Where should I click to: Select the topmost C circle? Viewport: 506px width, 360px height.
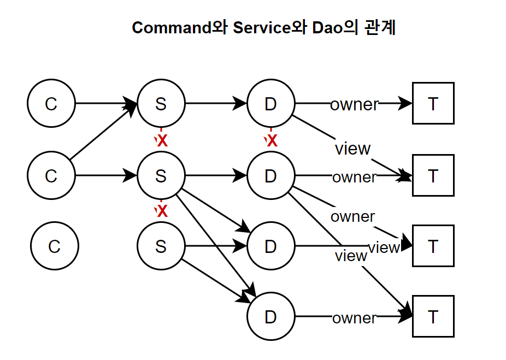click(51, 103)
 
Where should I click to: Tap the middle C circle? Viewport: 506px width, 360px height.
click(51, 175)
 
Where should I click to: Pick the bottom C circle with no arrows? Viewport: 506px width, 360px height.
click(54, 246)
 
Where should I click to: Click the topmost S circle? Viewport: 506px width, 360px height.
click(161, 103)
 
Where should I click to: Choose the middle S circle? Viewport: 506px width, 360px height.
click(161, 175)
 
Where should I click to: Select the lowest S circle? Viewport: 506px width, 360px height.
click(161, 246)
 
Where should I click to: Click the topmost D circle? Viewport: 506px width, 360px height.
click(270, 103)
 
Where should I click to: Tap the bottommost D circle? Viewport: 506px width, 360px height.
click(270, 317)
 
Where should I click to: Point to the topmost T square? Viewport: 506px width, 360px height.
click(433, 103)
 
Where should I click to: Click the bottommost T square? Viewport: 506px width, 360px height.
click(433, 317)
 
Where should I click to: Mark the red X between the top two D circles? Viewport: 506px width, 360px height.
click(271, 140)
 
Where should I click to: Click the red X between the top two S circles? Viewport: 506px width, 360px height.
click(161, 140)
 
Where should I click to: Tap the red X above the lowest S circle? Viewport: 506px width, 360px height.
click(162, 211)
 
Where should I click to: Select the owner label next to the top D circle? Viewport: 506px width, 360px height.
click(354, 104)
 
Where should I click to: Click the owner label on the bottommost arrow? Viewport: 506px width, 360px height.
click(354, 317)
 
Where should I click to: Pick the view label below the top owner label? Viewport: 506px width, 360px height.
click(352, 148)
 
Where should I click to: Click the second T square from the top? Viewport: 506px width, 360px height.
click(433, 175)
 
